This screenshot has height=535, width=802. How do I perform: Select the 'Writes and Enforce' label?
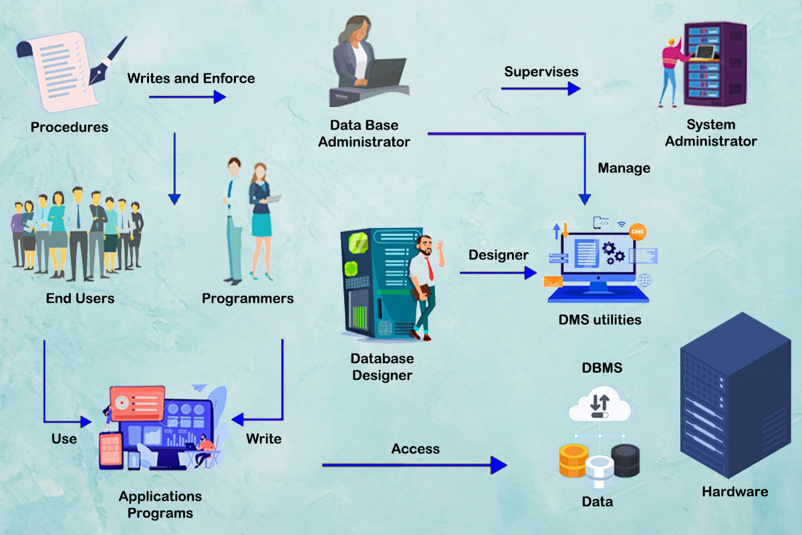191,78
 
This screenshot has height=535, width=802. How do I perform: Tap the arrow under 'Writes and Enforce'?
187,97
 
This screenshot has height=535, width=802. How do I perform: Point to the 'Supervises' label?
541,71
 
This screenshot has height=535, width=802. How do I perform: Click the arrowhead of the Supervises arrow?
574,88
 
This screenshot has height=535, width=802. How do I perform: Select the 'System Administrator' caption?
711,133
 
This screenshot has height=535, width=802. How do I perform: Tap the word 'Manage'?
624,168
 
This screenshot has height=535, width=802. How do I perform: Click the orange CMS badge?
638,231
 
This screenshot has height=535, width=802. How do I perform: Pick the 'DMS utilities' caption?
600,320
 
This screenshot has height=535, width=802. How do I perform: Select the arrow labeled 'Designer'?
498,273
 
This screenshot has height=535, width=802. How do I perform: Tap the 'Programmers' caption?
248,298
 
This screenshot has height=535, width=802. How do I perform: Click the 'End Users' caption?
80,298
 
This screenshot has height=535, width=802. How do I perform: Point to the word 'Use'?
64,439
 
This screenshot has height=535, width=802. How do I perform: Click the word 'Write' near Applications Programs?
263,439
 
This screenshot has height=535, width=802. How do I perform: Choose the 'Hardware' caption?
734,492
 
